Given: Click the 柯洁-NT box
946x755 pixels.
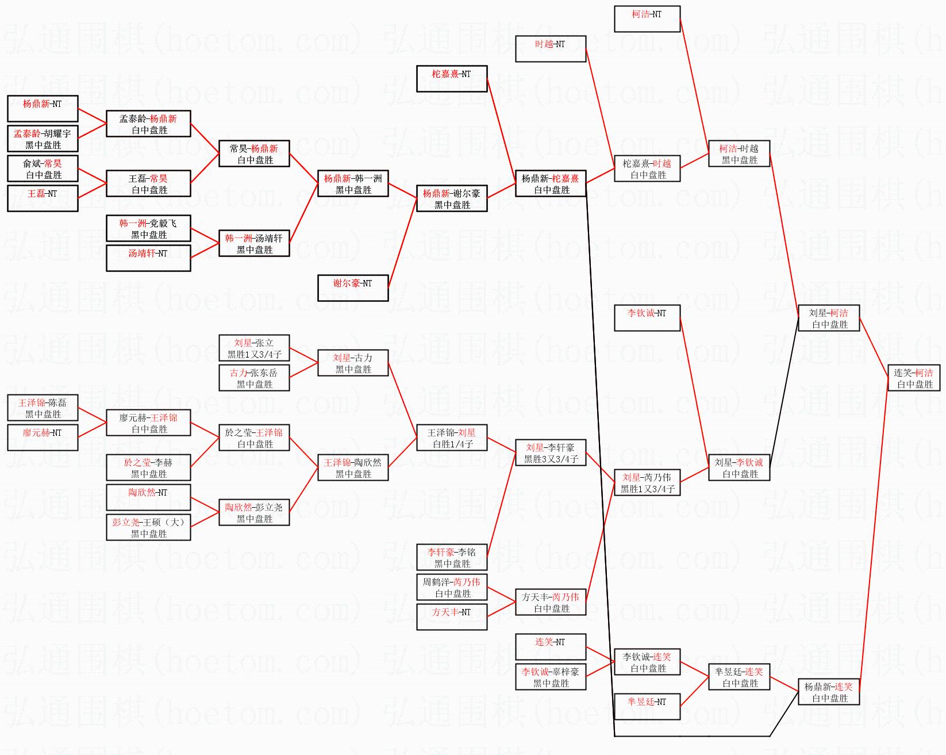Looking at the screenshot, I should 647,19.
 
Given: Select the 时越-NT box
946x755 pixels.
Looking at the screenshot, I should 551,49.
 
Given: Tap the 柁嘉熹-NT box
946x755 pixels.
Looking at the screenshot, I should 452,79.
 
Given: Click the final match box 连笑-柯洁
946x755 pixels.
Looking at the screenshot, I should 914,378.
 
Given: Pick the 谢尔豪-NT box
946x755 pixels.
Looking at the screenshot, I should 353,288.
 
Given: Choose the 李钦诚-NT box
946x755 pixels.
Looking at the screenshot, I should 647,318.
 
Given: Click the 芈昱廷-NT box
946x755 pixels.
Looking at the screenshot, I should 647,707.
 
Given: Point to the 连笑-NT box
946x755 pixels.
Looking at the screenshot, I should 551,647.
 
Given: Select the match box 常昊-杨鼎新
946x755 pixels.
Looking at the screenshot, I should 254,154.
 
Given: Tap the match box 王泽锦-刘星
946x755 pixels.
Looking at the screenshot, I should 452,438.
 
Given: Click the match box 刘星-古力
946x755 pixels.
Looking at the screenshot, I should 353,363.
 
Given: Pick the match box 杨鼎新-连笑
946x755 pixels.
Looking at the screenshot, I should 829,692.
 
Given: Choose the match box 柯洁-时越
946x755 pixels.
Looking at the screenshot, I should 739,154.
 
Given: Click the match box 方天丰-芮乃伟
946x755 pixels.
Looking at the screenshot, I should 551,603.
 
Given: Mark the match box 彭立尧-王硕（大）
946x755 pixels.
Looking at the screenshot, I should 148,528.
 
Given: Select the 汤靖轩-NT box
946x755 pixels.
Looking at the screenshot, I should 148,258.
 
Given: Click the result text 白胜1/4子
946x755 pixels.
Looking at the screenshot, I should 453,444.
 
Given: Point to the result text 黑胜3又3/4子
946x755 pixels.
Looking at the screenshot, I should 551,459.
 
